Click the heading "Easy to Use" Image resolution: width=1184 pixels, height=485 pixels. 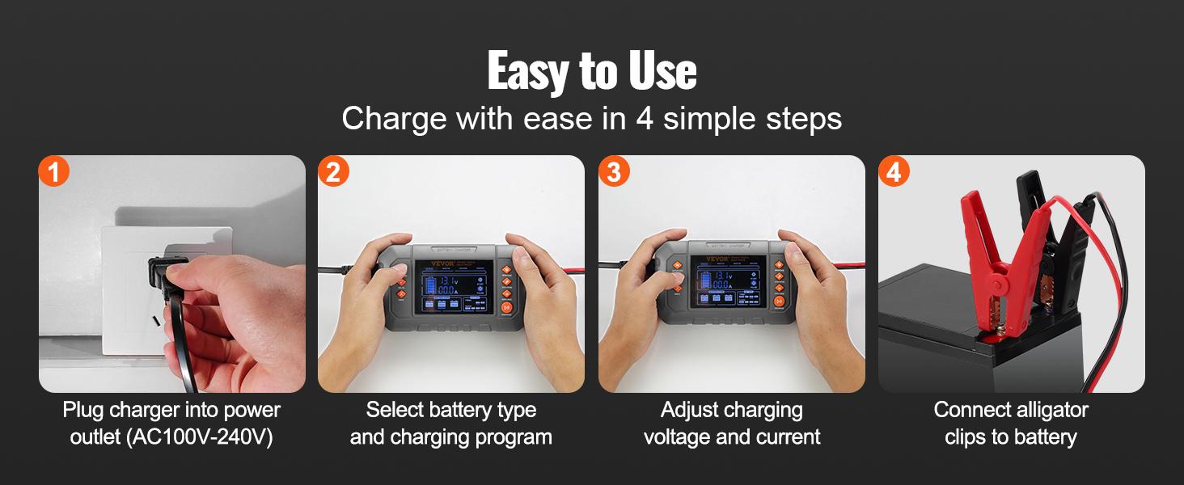coord(591,72)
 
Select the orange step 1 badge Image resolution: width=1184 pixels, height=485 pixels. coord(54,171)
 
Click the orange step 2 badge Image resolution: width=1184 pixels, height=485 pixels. coord(333,171)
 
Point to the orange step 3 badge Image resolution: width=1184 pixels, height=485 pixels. coord(614,171)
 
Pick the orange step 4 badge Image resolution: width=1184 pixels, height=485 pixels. coord(894,171)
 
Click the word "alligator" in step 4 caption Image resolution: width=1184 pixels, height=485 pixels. coord(1049,410)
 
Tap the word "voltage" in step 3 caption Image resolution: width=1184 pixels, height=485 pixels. coord(677,437)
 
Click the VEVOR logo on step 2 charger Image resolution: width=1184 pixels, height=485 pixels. coord(429,262)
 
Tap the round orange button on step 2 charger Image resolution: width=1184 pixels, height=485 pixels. coord(507,308)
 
